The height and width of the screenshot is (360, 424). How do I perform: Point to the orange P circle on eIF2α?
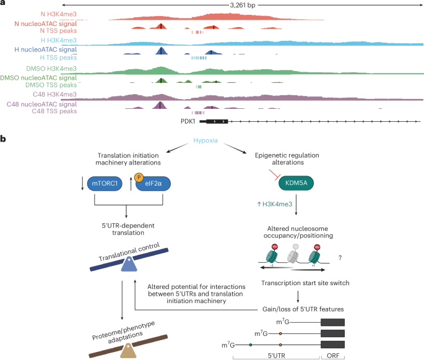click(139, 178)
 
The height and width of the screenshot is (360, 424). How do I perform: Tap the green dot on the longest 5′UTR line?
click(250, 343)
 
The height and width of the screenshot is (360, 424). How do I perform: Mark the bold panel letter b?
click(4, 140)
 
